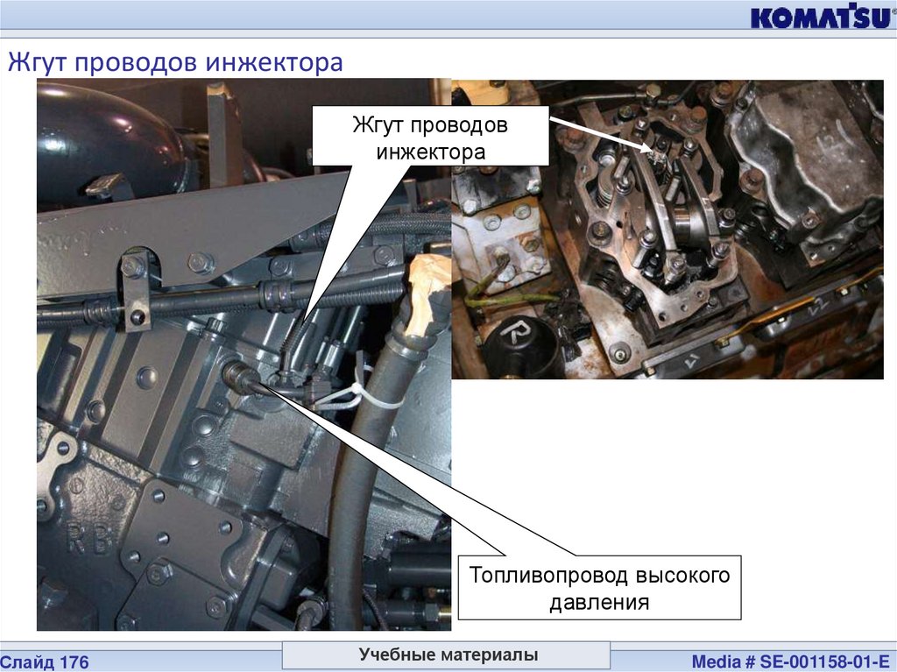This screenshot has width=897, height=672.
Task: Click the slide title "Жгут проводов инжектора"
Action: pyautogui.click(x=175, y=62)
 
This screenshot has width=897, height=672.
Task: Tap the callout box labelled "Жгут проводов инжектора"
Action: pyautogui.click(x=430, y=137)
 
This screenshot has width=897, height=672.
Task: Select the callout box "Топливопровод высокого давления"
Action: pyautogui.click(x=599, y=587)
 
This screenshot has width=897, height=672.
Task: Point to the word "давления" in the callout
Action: pyautogui.click(x=599, y=602)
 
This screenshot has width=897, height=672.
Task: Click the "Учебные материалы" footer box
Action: pyautogui.click(x=446, y=654)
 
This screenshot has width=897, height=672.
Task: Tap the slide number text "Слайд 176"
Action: pyautogui.click(x=45, y=662)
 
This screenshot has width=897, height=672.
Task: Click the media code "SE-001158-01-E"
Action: pyautogui.click(x=824, y=661)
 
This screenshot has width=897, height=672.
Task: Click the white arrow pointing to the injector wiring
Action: pyautogui.click(x=601, y=135)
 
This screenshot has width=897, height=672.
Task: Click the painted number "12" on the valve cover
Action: pyautogui.click(x=820, y=136)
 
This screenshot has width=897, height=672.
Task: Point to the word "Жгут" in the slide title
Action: pyautogui.click(x=38, y=62)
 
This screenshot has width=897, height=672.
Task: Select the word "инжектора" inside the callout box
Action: pyautogui.click(x=431, y=152)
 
